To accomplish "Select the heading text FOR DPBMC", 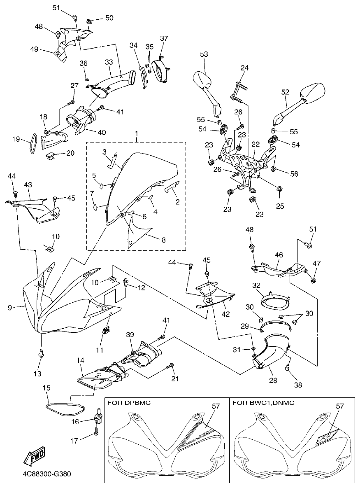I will [130, 402].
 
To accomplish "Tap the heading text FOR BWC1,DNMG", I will [261, 402].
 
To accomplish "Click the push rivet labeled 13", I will [41, 353].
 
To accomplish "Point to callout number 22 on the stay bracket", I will [255, 144].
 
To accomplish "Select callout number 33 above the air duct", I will [109, 62].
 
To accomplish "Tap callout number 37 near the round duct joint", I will [164, 39].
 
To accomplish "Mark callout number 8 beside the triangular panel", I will [164, 240].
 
